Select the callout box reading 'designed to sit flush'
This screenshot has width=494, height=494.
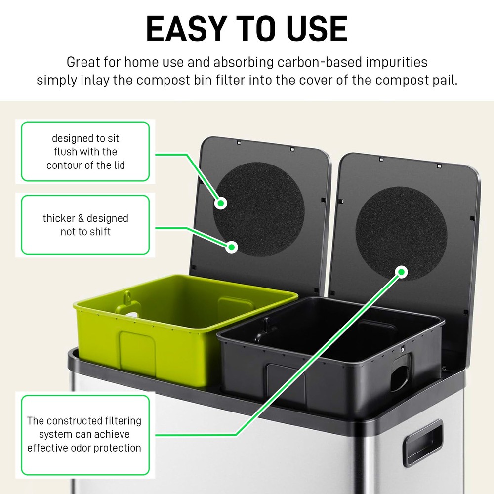tap(85, 152)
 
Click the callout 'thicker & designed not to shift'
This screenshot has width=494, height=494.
tap(85, 225)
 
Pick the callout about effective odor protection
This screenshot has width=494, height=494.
tap(85, 435)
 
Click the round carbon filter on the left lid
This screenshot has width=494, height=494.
tap(259, 207)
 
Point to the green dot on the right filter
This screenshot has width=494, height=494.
tap(402, 271)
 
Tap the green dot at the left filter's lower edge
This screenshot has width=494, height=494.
tap(231, 247)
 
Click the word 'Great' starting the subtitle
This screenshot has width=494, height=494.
tap(82, 63)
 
